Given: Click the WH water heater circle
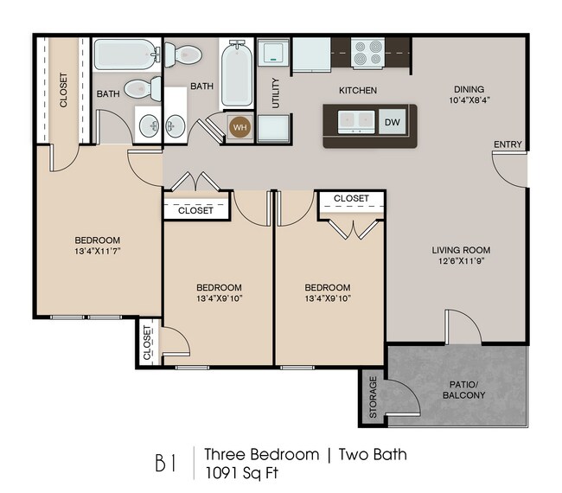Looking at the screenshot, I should [239, 127].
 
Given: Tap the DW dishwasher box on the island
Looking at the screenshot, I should [393, 122].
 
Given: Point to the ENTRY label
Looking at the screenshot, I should [508, 144].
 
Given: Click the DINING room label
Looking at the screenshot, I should [469, 89].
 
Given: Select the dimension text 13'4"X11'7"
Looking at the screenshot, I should [97, 252].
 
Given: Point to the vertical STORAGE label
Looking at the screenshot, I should [373, 397].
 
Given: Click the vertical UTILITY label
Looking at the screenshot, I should [276, 94].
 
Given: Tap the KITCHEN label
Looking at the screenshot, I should [357, 90].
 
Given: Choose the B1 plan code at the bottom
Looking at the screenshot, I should [167, 463].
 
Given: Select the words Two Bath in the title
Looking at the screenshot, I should [372, 454].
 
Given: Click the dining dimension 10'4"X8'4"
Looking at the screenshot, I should [469, 101].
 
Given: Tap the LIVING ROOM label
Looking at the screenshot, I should [467, 251].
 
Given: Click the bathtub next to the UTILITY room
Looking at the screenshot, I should [235, 74].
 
